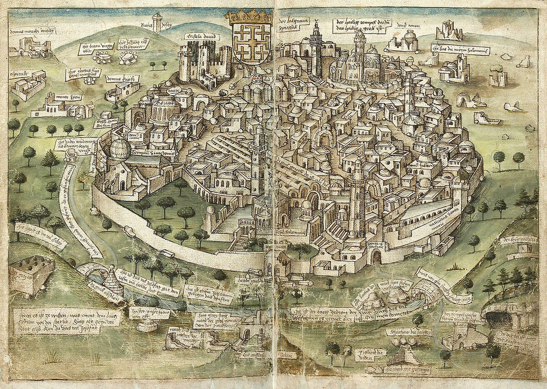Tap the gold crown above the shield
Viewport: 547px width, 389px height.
(x=248, y=18)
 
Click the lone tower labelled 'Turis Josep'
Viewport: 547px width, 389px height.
(x=157, y=21)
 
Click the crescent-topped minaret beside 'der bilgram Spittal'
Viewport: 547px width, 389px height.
(x=315, y=41)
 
